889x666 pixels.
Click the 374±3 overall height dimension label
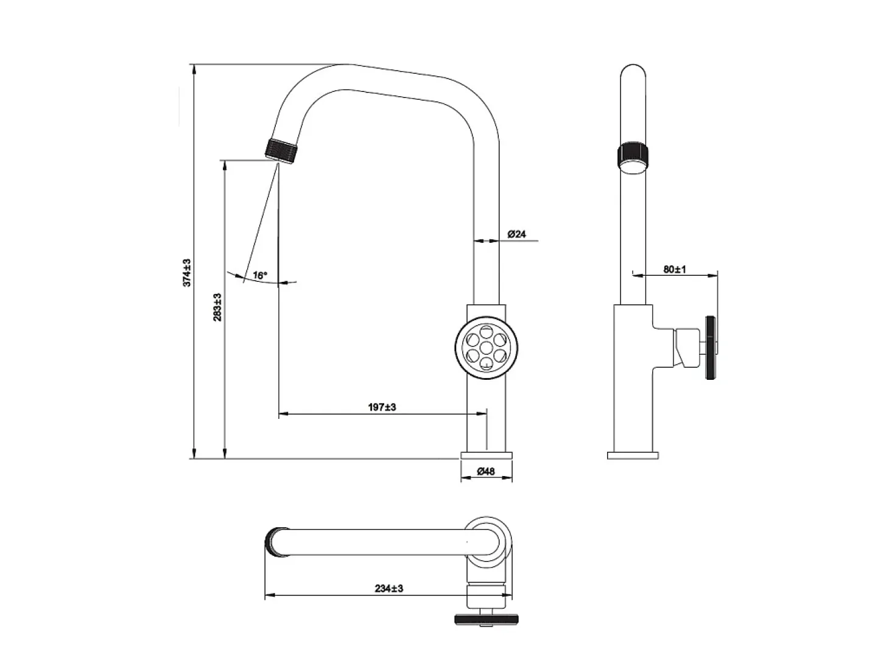click(187, 273)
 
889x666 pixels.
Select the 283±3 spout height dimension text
click(217, 307)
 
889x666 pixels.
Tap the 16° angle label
click(260, 275)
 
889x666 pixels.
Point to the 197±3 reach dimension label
click(382, 407)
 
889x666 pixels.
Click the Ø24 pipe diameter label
click(516, 234)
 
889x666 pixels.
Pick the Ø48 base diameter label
click(486, 471)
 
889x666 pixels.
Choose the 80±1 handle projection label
click(675, 269)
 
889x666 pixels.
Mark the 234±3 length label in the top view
click(389, 588)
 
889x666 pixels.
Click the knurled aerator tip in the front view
click(282, 152)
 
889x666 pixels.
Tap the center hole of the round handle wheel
click(486, 348)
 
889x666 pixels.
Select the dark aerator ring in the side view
click(633, 156)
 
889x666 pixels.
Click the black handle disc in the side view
click(711, 348)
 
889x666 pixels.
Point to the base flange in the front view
click(487, 455)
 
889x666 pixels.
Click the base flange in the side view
click(633, 455)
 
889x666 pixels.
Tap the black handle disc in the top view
click(487, 619)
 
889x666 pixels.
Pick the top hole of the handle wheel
click(486, 332)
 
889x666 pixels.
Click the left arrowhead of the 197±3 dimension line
click(284, 414)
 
